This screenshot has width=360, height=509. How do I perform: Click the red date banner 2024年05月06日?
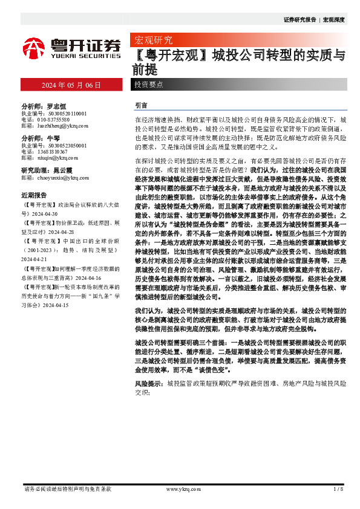coord(70,85)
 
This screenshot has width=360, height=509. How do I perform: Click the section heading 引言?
coord(140,105)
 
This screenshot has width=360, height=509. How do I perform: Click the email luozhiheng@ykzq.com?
coord(61,126)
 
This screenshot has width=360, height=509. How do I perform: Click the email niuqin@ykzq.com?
coord(55,159)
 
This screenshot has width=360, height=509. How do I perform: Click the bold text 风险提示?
coord(148,383)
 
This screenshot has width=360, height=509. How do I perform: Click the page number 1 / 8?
coord(338,488)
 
